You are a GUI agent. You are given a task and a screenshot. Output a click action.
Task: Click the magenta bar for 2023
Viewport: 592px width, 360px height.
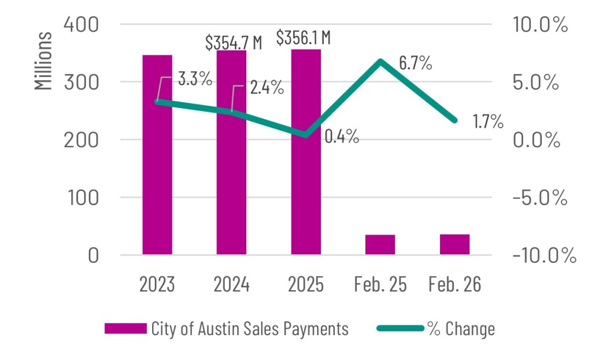tap(157, 173)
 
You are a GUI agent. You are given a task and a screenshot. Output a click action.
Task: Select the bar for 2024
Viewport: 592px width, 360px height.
tap(231, 173)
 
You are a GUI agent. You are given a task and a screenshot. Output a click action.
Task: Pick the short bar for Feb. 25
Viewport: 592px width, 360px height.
tap(380, 244)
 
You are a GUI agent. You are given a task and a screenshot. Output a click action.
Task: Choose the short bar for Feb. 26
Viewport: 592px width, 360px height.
tap(454, 244)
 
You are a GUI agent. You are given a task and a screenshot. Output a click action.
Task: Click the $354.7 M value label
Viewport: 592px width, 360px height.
tap(234, 42)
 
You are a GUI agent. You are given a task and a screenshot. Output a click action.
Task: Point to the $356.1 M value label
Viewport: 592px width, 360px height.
tap(303, 38)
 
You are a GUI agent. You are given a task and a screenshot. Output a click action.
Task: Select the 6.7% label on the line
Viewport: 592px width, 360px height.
tap(415, 63)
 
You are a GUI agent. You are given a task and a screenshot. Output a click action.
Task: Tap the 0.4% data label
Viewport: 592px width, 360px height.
tap(341, 137)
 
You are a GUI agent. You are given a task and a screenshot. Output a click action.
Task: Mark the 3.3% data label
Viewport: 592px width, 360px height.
tap(194, 79)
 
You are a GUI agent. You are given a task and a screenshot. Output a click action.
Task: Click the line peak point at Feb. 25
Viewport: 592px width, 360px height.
tap(380, 61)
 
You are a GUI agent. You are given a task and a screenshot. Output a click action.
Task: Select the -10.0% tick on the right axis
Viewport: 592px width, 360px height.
tap(544, 255)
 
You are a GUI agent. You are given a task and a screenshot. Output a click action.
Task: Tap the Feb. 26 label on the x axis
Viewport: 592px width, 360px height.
tap(454, 285)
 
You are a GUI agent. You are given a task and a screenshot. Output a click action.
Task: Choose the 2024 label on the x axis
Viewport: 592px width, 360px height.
tap(231, 285)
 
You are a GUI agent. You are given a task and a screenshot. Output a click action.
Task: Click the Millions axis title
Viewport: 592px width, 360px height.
tap(43, 61)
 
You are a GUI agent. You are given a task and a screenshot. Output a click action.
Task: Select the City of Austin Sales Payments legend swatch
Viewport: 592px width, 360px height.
tap(125, 329)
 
